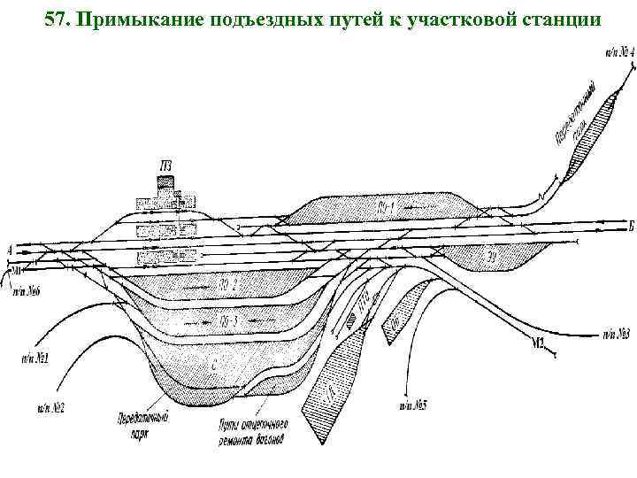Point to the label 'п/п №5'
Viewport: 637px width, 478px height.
[412, 405]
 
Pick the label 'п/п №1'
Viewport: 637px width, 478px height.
[35, 360]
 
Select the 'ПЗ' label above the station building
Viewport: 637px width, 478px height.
[165, 165]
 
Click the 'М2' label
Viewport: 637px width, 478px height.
[541, 342]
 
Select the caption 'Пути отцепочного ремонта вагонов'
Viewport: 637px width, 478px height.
[249, 431]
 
